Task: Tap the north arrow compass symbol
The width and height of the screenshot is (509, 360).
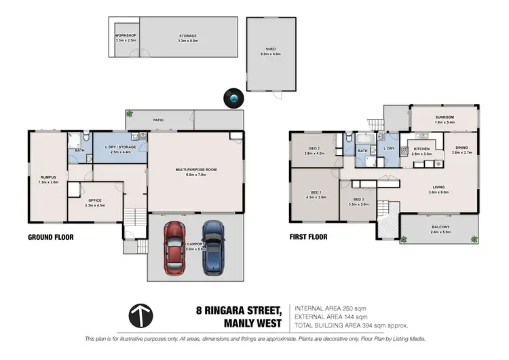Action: [x=140, y=315]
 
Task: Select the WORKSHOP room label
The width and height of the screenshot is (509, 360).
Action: [x=125, y=35]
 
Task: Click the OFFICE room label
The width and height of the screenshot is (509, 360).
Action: [x=95, y=200]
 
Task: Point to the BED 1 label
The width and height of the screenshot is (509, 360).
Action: [x=317, y=192]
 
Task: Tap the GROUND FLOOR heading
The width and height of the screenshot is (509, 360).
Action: [x=50, y=237]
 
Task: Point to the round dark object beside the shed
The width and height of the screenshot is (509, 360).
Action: [x=235, y=99]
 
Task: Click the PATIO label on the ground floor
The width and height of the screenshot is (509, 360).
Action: [x=158, y=120]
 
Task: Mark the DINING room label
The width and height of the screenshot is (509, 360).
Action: [x=461, y=148]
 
